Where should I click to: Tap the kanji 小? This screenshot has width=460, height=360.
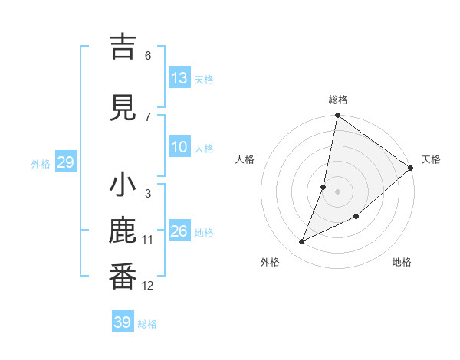[x=123, y=186]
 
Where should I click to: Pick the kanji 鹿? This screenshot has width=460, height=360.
[x=123, y=233]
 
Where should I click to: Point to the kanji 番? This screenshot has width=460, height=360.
[x=123, y=277]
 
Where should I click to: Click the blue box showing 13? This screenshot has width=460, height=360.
[x=179, y=78]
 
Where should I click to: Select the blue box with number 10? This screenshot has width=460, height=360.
[x=179, y=147]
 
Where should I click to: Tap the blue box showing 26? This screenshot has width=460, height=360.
[x=179, y=231]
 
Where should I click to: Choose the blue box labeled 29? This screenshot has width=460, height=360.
[x=65, y=162]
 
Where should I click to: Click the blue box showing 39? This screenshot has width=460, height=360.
[x=122, y=322]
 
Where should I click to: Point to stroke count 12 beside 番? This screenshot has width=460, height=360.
[x=148, y=286]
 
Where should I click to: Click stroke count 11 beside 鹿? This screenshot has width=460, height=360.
[x=148, y=240]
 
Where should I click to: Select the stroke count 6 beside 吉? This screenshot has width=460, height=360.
[x=148, y=55]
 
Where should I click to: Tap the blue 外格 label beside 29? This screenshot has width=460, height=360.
[x=41, y=163]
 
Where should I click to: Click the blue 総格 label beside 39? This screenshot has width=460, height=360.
[x=147, y=323]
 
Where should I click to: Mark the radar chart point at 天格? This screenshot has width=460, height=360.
[x=411, y=169]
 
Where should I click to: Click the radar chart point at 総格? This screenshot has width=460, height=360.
[x=337, y=116]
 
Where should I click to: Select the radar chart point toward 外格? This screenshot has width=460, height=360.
[x=302, y=242]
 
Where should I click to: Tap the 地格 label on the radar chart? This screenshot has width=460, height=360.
[x=402, y=263]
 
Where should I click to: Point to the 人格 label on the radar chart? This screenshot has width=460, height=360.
[x=245, y=159]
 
